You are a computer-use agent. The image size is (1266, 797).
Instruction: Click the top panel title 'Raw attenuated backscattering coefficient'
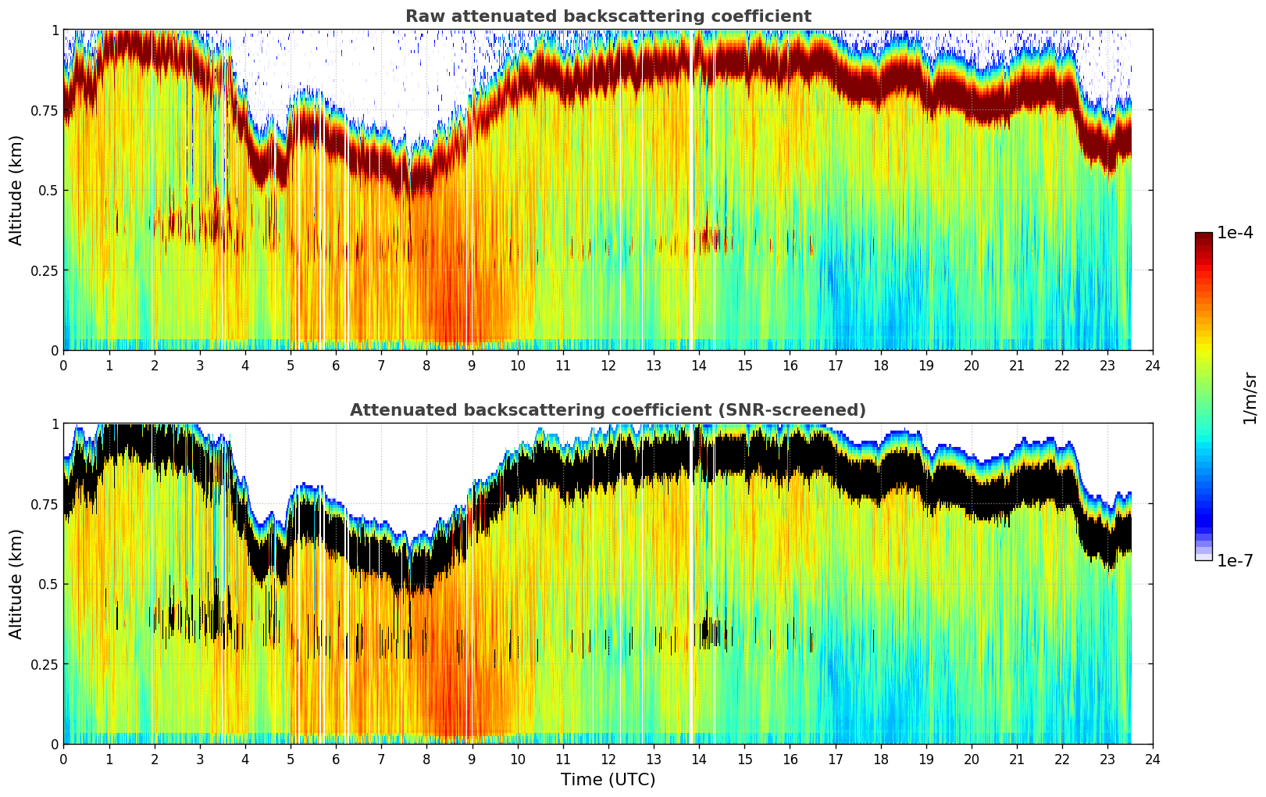click(608, 16)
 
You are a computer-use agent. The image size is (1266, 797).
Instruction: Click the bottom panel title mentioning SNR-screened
click(608, 410)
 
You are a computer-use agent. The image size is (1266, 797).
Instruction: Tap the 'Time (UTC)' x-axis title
click(608, 780)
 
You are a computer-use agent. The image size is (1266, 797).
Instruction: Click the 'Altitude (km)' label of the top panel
click(16, 190)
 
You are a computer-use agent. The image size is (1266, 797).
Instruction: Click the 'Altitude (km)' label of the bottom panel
click(16, 584)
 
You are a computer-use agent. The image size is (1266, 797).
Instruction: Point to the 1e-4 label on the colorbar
click(1235, 233)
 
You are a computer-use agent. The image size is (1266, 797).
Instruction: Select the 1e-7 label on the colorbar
click(1235, 560)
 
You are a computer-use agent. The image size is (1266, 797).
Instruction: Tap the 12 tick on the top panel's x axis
click(608, 365)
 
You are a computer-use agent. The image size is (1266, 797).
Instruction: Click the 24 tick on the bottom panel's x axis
click(1153, 759)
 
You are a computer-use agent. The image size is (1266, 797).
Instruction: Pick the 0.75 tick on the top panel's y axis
click(45, 110)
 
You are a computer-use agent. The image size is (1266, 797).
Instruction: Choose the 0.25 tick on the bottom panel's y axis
click(45, 664)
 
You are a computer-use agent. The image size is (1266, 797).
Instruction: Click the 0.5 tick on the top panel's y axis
click(48, 191)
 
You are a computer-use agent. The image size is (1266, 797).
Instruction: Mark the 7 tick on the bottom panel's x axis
click(381, 759)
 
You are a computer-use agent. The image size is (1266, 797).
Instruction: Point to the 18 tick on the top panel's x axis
click(880, 365)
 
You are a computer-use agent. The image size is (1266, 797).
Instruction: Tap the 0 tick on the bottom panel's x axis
click(63, 759)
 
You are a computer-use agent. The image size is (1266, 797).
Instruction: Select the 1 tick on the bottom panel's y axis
click(55, 424)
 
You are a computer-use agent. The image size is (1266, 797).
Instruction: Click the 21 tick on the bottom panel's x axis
click(1016, 759)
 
